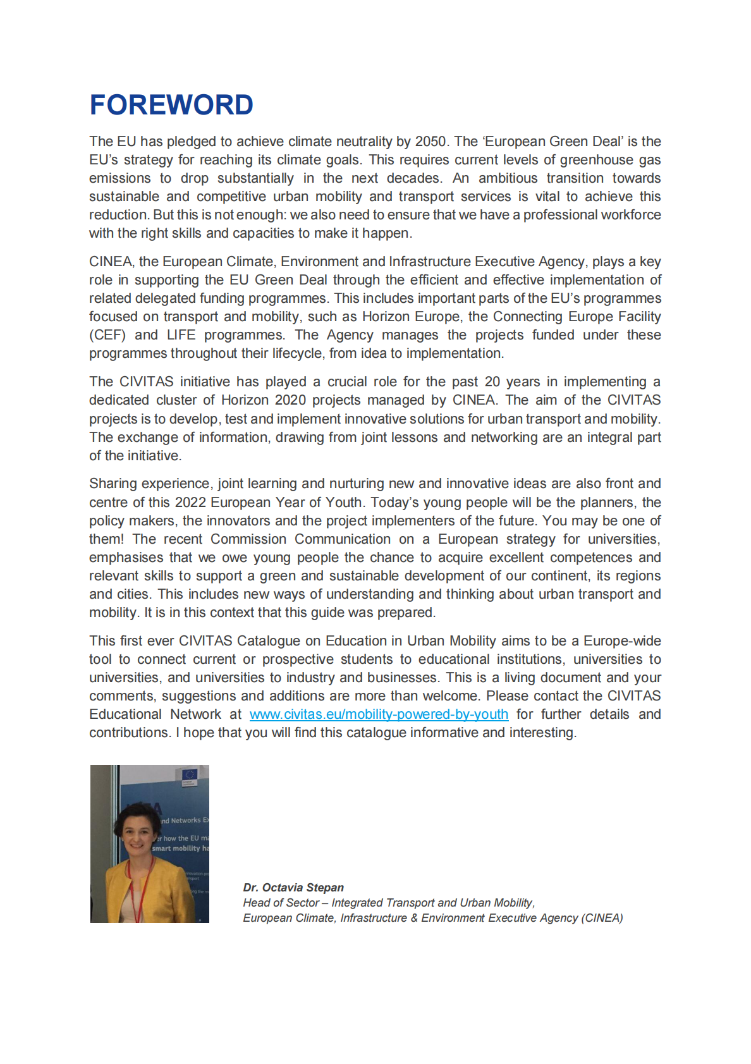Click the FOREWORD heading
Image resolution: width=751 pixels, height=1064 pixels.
coord(171,105)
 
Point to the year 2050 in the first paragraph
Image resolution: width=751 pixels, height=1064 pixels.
coord(430,141)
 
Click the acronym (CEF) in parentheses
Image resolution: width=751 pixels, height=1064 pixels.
coord(107,334)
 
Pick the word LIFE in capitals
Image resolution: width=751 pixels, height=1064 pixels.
coord(181,334)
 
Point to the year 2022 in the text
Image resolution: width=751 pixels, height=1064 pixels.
coord(190,502)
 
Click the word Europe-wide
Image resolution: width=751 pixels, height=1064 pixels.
coord(622,640)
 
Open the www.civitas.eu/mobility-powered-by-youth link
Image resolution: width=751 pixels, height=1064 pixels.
coord(379,714)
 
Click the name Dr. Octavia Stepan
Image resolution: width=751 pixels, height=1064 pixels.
coord(293,888)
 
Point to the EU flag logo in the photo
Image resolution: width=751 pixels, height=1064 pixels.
coord(189,774)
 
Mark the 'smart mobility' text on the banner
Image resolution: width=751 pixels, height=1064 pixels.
coord(176,848)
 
